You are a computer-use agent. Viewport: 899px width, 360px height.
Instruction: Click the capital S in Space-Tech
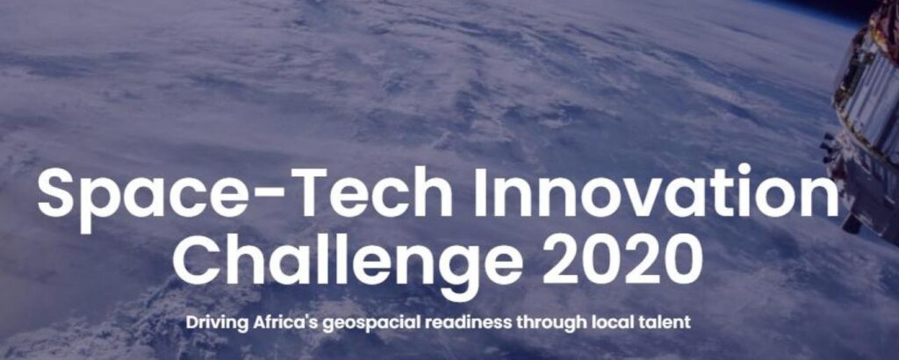[x=58, y=195]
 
